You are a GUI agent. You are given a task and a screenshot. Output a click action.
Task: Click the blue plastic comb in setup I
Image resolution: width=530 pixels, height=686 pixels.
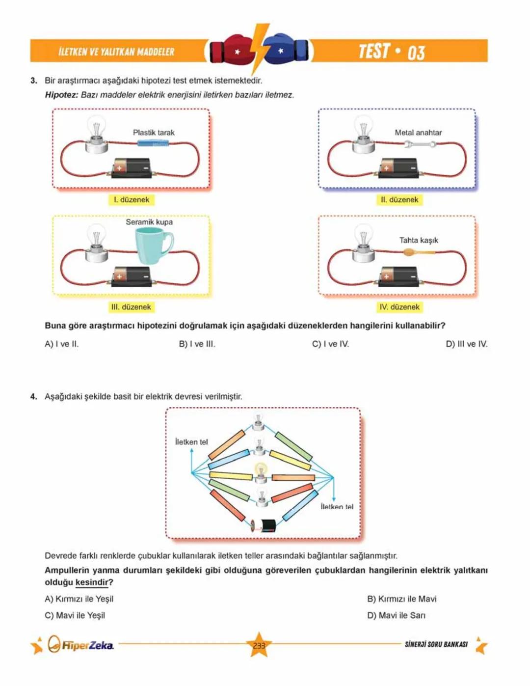(153, 143)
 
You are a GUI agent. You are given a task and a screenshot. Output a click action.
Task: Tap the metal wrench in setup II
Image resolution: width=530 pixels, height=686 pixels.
(420, 144)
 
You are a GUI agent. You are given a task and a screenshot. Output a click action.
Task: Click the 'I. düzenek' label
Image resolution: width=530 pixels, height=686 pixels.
(131, 200)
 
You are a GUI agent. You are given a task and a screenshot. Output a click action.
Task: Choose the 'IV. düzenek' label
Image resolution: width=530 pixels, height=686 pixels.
(399, 307)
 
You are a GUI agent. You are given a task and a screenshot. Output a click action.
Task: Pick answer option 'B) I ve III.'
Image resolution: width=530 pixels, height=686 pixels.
(197, 344)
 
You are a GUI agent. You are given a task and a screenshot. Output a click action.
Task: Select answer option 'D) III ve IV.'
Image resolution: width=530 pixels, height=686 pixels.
(466, 344)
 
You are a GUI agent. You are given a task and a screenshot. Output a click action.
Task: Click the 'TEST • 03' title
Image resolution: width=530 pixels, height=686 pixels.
(391, 52)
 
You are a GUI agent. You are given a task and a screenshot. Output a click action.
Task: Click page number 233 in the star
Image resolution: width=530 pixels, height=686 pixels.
(259, 645)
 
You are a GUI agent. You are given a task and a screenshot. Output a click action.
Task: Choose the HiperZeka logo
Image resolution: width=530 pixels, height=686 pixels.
(81, 644)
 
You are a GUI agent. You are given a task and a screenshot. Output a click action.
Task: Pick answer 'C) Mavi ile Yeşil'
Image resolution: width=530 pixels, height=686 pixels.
(75, 615)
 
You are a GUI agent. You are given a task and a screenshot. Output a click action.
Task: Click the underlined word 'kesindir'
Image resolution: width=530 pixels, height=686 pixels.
(91, 582)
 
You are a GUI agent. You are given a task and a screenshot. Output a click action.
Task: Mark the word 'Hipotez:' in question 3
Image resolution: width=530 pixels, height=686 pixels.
(61, 95)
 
